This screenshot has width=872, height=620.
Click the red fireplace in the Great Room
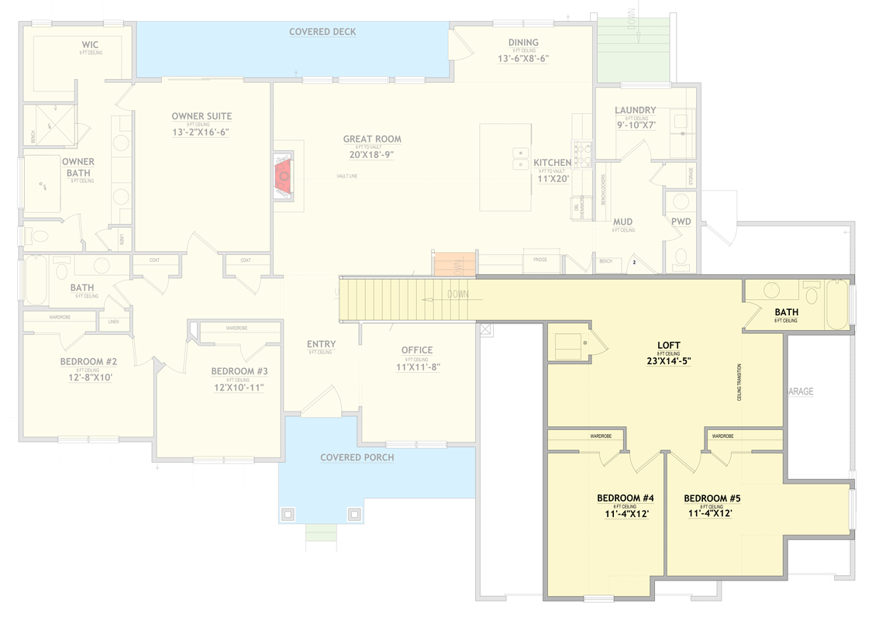click(x=284, y=177)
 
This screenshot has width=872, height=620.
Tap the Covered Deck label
click(x=322, y=32)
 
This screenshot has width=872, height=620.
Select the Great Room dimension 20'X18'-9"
click(x=372, y=154)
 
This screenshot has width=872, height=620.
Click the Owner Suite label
click(x=202, y=116)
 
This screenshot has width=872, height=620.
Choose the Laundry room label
click(x=635, y=111)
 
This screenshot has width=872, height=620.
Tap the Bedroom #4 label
click(x=626, y=498)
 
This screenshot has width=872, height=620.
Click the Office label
click(x=417, y=350)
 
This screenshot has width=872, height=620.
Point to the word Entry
click(x=321, y=344)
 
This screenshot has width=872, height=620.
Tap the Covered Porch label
click(x=357, y=457)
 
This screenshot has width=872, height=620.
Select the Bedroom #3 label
click(x=240, y=371)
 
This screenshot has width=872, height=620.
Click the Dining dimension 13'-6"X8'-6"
click(x=523, y=58)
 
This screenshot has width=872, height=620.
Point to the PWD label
click(x=681, y=222)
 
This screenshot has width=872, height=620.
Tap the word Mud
click(x=622, y=222)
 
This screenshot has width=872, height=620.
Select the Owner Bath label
click(x=78, y=167)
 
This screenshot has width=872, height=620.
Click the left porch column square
click(x=288, y=513)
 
